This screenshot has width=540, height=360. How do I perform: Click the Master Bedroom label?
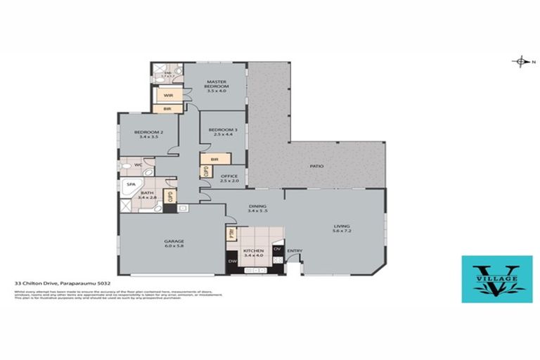click(x=217, y=86)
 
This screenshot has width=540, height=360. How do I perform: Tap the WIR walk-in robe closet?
click(x=168, y=95)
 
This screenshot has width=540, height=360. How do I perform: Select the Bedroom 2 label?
click(x=150, y=134)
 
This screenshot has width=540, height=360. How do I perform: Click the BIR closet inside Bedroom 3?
click(x=213, y=160)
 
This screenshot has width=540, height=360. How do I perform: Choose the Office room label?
click(x=229, y=178)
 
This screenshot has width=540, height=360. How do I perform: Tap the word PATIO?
click(x=317, y=167)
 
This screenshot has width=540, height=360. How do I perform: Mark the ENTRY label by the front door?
click(x=295, y=251)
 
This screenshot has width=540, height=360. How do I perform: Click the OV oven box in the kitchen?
click(x=277, y=250)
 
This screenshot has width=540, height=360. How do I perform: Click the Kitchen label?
click(x=252, y=252)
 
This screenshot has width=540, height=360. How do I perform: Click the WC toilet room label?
click(x=139, y=166)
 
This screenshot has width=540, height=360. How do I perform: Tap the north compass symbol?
click(x=521, y=62)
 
